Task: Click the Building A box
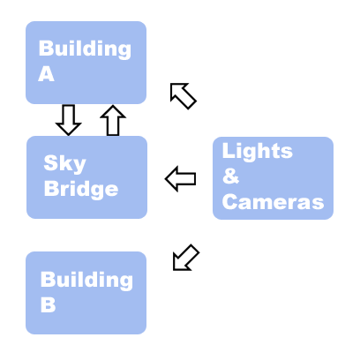point(86,63)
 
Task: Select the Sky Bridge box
point(86,177)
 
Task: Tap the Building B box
point(86,293)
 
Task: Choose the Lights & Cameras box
point(273,178)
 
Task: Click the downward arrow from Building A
point(69,120)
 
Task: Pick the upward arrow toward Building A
point(113,120)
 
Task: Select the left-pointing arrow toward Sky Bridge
point(181,178)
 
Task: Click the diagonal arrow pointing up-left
point(183,96)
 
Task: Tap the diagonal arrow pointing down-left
point(186,258)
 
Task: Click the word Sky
point(64,163)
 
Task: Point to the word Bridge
point(81,190)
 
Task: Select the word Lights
point(258,151)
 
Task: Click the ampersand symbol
point(230,176)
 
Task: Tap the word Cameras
point(273,202)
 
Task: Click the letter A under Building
point(46,74)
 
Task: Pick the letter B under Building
point(48,304)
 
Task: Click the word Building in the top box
point(85,49)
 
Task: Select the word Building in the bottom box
point(86,280)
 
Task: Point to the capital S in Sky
point(50,162)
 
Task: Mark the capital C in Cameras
point(230,202)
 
